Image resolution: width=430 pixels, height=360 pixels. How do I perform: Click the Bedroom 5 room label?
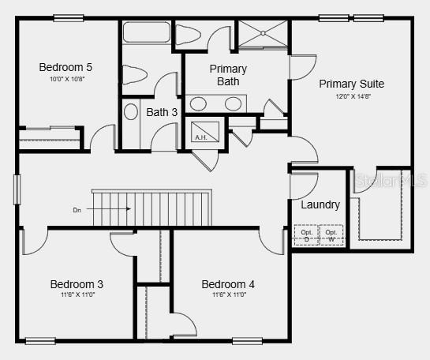click(x=65, y=67)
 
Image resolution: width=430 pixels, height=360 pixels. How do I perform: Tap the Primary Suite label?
click(x=351, y=84)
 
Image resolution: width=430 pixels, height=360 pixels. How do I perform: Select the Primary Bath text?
click(x=228, y=75)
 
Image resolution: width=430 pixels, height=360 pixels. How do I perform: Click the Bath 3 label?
click(x=162, y=112)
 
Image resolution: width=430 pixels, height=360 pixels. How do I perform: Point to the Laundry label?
click(x=320, y=204)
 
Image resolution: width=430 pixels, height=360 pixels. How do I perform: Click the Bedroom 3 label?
click(x=77, y=284)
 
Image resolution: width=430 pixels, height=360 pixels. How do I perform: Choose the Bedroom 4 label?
click(x=228, y=284)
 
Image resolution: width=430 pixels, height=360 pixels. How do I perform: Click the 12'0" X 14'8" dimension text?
click(x=351, y=96)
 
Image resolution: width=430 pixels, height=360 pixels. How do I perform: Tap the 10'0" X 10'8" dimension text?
click(x=65, y=79)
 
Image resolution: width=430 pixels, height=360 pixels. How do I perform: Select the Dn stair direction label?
click(x=77, y=210)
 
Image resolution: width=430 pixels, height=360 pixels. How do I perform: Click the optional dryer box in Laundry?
click(x=307, y=235)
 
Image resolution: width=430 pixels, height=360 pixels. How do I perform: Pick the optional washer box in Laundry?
click(x=331, y=235)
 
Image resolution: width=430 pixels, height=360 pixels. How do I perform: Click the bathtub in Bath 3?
click(x=146, y=34)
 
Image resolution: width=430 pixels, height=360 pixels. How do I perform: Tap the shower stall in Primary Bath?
click(x=264, y=36)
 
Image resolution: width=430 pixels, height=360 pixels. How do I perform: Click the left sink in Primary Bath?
click(x=199, y=103)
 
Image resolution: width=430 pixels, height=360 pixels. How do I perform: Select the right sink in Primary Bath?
click(x=233, y=103)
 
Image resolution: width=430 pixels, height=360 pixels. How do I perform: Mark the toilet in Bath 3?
click(x=135, y=75)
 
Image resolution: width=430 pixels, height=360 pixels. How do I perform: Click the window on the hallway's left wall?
click(x=17, y=189)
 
